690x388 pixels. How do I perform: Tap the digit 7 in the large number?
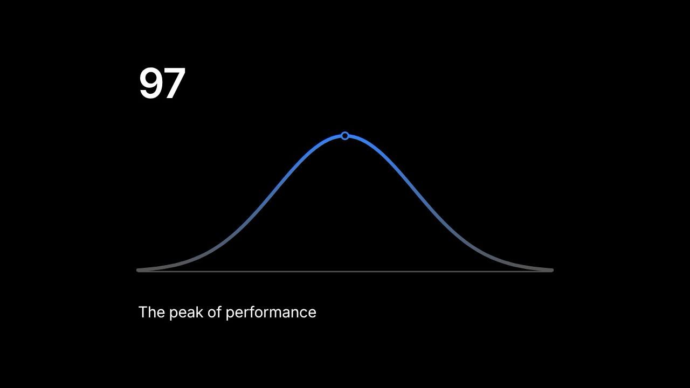(x=175, y=83)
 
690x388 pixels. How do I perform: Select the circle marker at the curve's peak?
(x=345, y=136)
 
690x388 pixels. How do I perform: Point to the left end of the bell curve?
(x=137, y=270)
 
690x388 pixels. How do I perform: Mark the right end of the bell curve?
(x=552, y=270)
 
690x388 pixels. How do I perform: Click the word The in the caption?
(x=151, y=312)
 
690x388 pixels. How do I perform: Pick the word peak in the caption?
(x=187, y=313)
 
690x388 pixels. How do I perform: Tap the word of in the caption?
(x=215, y=312)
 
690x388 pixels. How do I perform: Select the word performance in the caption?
(x=271, y=313)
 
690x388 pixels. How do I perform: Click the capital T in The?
(x=143, y=312)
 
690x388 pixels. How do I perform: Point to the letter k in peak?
(x=200, y=312)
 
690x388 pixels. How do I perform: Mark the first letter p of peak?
(x=174, y=315)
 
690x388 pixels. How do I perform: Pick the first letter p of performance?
(x=230, y=315)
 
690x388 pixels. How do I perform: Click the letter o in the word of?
(x=212, y=314)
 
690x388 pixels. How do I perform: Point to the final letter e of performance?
(x=312, y=314)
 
